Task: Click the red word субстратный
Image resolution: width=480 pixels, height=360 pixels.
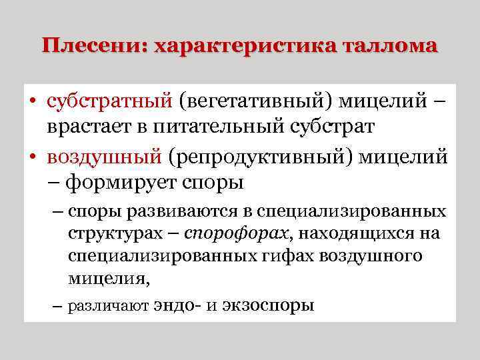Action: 109,102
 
